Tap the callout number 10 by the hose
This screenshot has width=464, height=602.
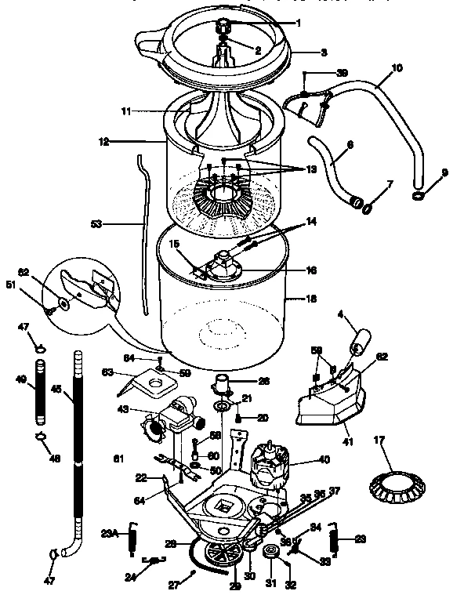click(x=397, y=68)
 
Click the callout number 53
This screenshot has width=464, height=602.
click(x=96, y=224)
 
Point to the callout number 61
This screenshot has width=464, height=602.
click(x=118, y=459)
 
